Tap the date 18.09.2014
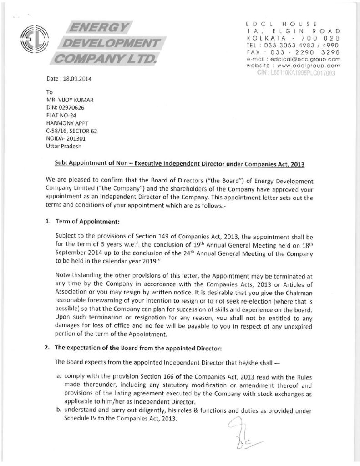pyautogui.click(x=76, y=78)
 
